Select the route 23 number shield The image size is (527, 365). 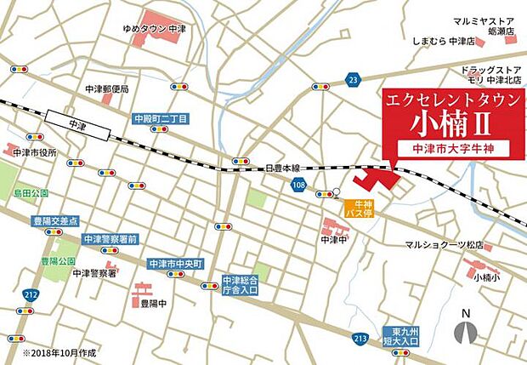pos(353,80)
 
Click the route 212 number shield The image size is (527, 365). pos(31,294)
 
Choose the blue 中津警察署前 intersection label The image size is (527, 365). pos(110,240)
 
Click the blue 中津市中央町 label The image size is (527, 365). pos(175,263)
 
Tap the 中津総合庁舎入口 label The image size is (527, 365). pos(241,285)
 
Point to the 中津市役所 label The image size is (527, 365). pos(35,152)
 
